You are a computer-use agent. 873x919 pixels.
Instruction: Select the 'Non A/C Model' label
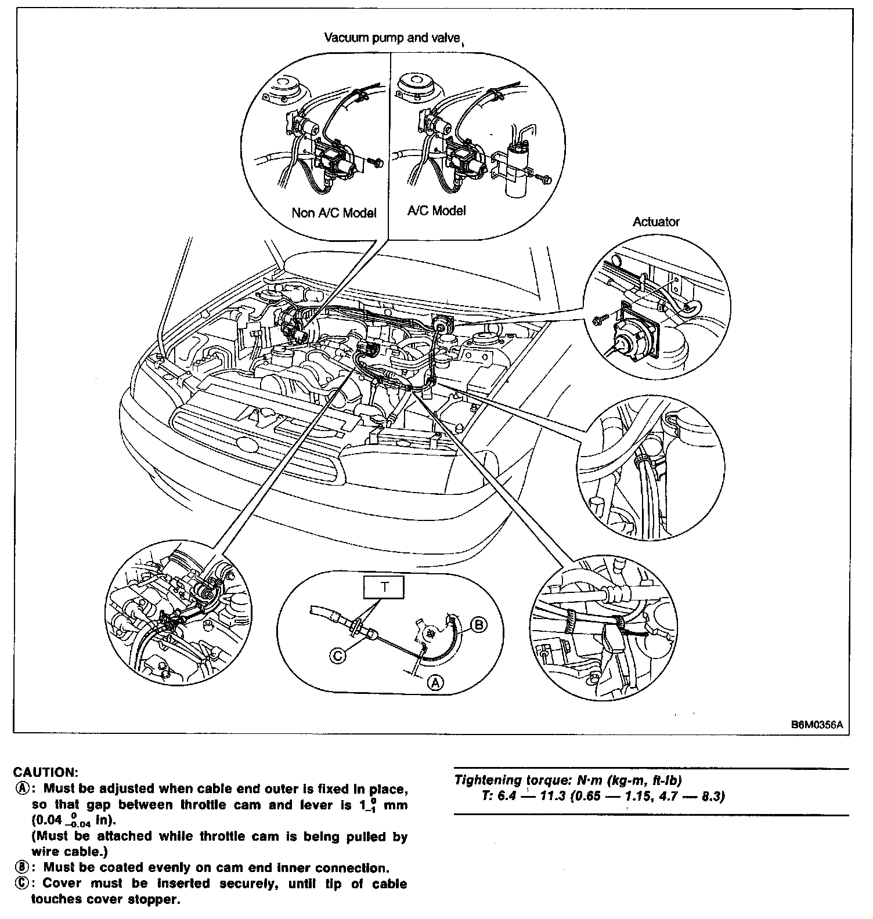[x=334, y=213]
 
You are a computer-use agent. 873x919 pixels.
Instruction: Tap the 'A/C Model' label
[x=436, y=210]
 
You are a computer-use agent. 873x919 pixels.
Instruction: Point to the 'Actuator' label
[x=656, y=222]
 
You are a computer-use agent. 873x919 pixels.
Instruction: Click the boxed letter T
[x=384, y=587]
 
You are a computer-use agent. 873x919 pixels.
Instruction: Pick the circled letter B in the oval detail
[x=479, y=625]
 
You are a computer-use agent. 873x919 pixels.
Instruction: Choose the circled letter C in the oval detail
[x=338, y=655]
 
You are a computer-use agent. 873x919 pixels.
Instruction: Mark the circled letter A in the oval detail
[x=435, y=682]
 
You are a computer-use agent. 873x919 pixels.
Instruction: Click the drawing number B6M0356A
[x=816, y=725]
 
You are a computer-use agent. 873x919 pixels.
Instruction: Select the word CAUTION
[x=45, y=772]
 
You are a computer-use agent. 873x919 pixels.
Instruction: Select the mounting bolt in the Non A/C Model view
[x=378, y=163]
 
